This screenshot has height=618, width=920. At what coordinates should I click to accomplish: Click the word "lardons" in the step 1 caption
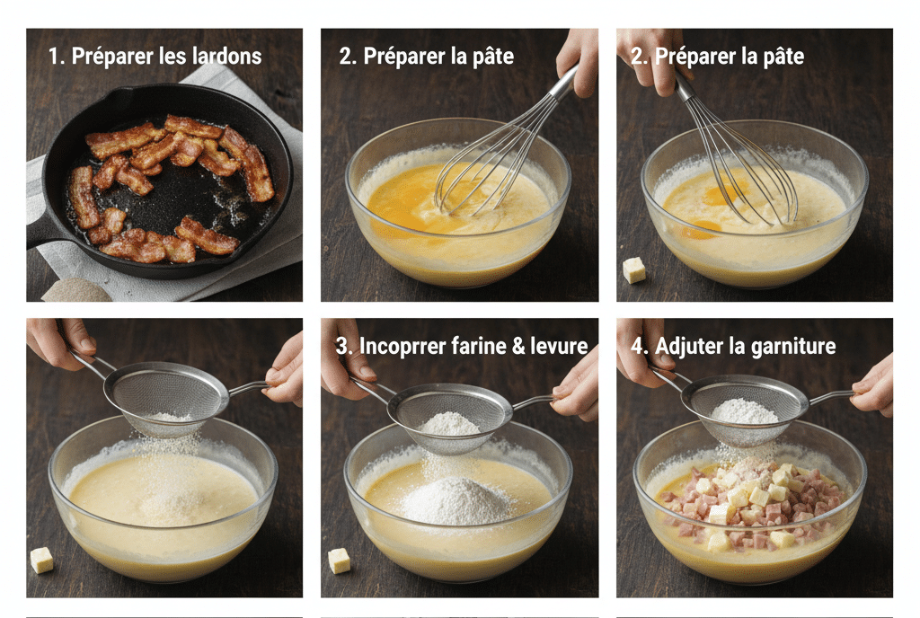[225, 57]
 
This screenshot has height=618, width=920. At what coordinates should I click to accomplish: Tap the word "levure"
[559, 346]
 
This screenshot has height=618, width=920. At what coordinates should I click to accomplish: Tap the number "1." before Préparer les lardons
[57, 57]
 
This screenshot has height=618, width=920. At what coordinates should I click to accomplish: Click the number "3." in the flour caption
[343, 346]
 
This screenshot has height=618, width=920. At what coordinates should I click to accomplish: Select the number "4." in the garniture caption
[639, 346]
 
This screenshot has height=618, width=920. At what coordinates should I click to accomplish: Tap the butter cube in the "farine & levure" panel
[339, 561]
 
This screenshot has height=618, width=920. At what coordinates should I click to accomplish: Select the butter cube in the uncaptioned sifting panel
[41, 560]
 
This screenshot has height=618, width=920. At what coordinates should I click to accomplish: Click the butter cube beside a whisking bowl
[633, 270]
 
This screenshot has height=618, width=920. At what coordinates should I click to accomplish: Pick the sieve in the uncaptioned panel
[166, 396]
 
